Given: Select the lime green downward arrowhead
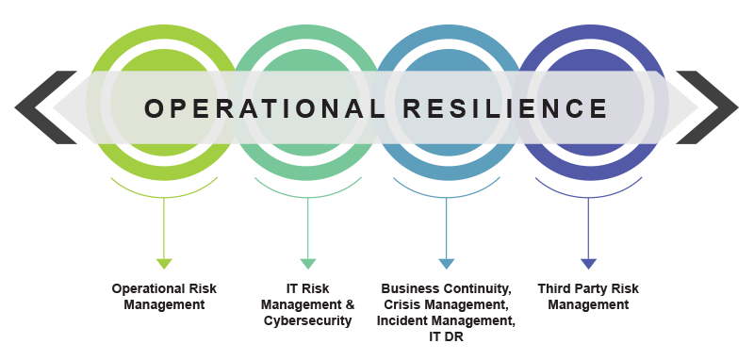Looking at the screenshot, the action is [x=164, y=264].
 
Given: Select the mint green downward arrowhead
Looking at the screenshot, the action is [x=307, y=264].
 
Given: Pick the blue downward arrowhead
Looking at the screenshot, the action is [x=447, y=264].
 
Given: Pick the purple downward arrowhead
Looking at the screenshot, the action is [x=588, y=264].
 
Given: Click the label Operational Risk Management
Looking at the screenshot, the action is [x=164, y=296].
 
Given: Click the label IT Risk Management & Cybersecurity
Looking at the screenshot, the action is [x=307, y=304].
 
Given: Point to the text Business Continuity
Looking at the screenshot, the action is [x=447, y=287].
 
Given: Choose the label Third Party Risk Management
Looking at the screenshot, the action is [x=588, y=296].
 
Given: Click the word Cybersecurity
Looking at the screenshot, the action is [x=307, y=321].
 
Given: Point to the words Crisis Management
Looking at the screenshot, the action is [x=447, y=304].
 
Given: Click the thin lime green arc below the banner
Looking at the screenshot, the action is [x=164, y=194].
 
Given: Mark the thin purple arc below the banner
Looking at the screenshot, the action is [x=588, y=194].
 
